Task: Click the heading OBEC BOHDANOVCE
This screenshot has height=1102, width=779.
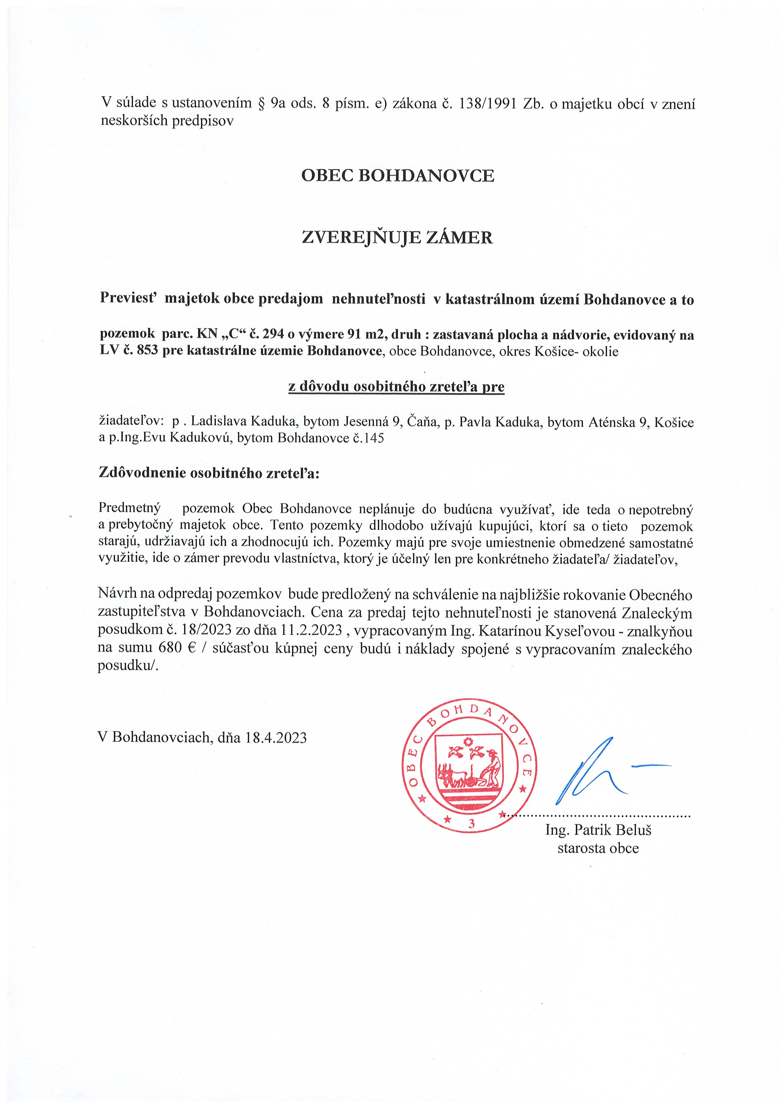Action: (x=397, y=176)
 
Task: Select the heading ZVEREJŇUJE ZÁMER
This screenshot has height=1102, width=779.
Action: (x=397, y=237)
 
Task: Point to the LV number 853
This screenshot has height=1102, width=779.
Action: (x=147, y=351)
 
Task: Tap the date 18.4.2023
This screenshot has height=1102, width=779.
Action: (x=275, y=737)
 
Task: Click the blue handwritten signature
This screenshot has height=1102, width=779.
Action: (x=600, y=772)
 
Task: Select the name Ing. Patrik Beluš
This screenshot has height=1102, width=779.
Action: (x=598, y=830)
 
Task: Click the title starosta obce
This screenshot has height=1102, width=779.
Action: (x=598, y=848)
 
